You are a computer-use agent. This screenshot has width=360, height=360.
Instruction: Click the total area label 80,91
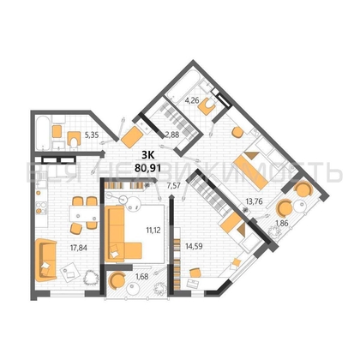pos(147,167)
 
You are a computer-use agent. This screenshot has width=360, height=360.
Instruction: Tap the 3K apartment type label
pos(148,155)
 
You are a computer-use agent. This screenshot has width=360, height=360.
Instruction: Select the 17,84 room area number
pos(79,248)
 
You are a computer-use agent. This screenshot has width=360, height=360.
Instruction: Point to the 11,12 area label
pos(153,230)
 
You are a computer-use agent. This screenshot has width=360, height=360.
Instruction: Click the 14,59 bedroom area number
pos(194,246)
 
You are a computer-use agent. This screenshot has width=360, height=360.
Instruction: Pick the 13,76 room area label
pos(254,202)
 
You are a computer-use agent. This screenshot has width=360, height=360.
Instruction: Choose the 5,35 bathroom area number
pos(92,135)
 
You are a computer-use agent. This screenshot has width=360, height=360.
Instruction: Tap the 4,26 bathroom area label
pos(192,101)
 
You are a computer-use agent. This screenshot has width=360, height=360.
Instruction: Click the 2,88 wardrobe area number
pos(172,135)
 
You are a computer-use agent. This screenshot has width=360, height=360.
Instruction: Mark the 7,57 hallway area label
pos(173,186)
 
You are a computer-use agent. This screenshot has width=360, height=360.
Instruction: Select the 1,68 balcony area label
pos(142,276)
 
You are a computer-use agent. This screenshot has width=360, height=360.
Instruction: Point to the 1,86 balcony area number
pos(283,224)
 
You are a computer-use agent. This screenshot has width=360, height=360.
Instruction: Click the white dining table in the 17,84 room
pos(83,213)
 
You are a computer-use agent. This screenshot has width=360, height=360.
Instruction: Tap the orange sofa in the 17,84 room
pos(45,260)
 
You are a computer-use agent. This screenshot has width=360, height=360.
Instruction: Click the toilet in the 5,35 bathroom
pos(74,140)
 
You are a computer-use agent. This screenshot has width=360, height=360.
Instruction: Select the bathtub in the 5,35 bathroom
pos(43,133)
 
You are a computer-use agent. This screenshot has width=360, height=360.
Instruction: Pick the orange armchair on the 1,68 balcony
pos(117,280)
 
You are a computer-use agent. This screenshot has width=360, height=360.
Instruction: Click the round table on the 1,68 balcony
pos(132,289)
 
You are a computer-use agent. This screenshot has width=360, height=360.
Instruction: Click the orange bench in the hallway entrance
pos(132,136)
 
